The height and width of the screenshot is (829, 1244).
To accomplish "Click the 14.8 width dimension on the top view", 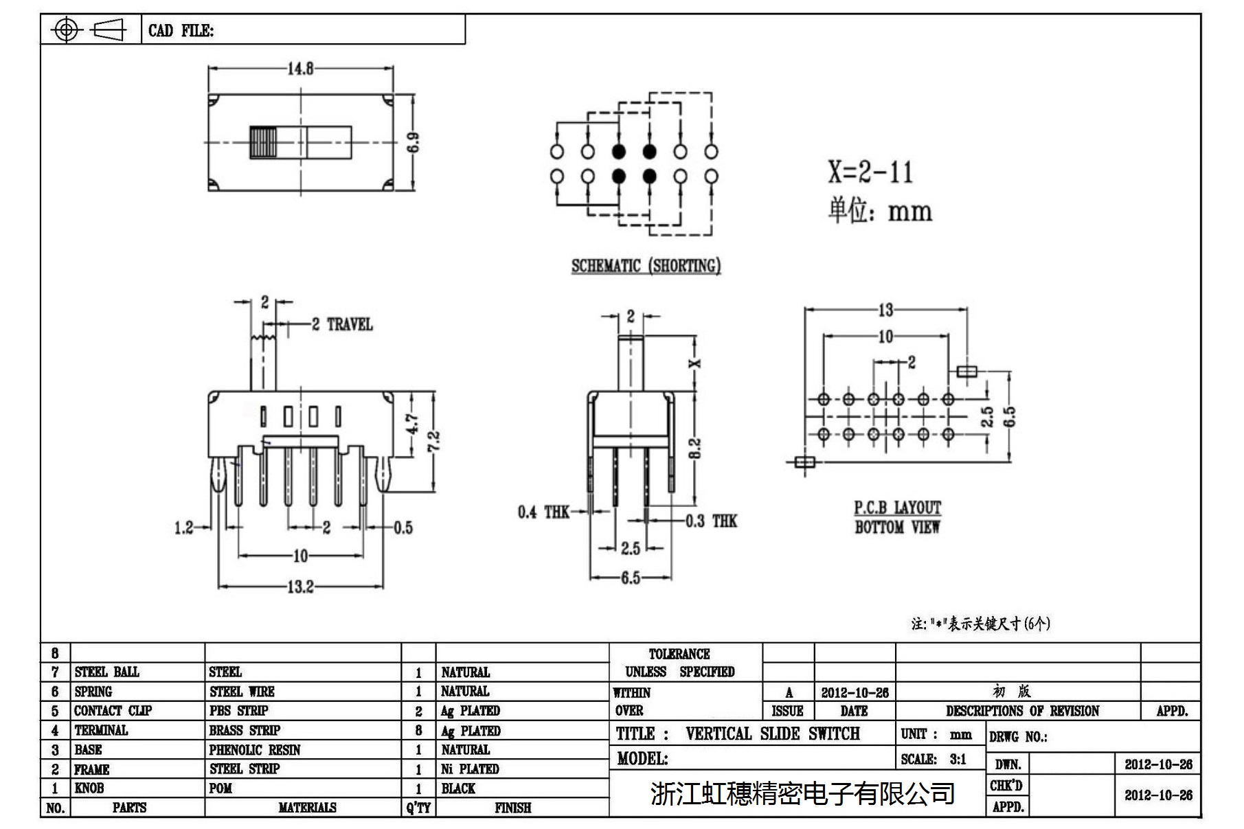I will [300, 69].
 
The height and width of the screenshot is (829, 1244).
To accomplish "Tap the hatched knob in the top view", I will [264, 143].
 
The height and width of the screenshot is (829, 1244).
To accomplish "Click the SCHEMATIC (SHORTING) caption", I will [646, 266].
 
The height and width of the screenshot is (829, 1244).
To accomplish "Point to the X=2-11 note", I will [870, 172].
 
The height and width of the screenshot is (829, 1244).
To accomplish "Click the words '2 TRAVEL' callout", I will [342, 324].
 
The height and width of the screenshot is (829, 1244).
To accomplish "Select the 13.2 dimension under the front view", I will [300, 587].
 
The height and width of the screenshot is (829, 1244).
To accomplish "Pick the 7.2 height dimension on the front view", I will [433, 441].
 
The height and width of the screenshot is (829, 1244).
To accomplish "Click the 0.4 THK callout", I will [543, 512].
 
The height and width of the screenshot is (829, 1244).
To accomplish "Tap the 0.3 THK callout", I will [711, 521].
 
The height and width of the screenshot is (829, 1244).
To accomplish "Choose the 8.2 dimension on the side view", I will [694, 448].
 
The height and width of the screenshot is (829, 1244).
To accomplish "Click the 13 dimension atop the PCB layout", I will [885, 310].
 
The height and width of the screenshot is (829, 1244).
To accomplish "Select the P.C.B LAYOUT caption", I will [897, 508].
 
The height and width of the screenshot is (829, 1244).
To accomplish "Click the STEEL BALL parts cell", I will [106, 672].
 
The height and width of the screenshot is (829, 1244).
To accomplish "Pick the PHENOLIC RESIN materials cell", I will [255, 749].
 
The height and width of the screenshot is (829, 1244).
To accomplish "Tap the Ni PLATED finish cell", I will [470, 769].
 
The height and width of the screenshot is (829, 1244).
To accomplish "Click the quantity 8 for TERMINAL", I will [418, 730].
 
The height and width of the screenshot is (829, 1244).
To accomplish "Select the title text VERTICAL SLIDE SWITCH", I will [772, 734].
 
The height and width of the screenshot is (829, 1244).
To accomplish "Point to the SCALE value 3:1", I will [958, 759].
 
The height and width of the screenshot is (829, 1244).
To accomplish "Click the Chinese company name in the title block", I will [802, 793].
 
